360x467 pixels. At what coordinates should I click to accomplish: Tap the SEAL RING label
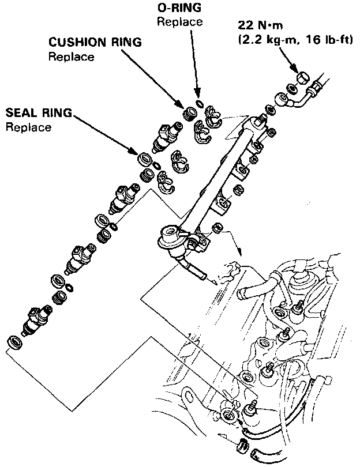38,113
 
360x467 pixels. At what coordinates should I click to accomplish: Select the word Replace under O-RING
179,22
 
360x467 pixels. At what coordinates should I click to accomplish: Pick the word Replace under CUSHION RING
71,57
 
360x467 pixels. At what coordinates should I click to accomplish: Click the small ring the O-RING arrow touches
199,104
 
